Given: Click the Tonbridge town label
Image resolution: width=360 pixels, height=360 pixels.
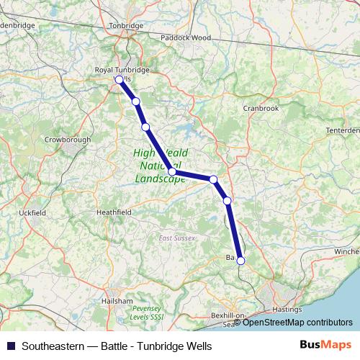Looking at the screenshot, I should click(x=126, y=26).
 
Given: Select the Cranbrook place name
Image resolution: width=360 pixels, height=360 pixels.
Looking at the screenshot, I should click(x=261, y=108).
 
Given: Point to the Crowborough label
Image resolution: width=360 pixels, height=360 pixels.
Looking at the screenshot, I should click(x=67, y=139).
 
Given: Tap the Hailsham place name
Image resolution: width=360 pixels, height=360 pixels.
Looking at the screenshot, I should click(x=117, y=300).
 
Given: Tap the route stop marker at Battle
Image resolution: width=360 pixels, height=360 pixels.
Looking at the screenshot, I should click(x=241, y=261).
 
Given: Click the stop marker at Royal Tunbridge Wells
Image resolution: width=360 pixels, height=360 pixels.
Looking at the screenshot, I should click(x=120, y=80).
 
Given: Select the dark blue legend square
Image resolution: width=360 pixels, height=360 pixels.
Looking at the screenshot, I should click(x=10, y=345).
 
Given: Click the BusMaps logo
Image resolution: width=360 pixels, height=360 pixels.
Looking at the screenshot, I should click(x=325, y=345).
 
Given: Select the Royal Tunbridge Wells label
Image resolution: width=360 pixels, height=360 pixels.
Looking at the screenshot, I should click(x=122, y=71).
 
